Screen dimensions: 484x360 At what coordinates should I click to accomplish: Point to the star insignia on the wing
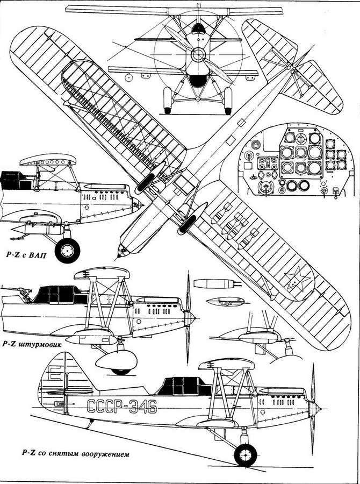[x=294, y=281]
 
